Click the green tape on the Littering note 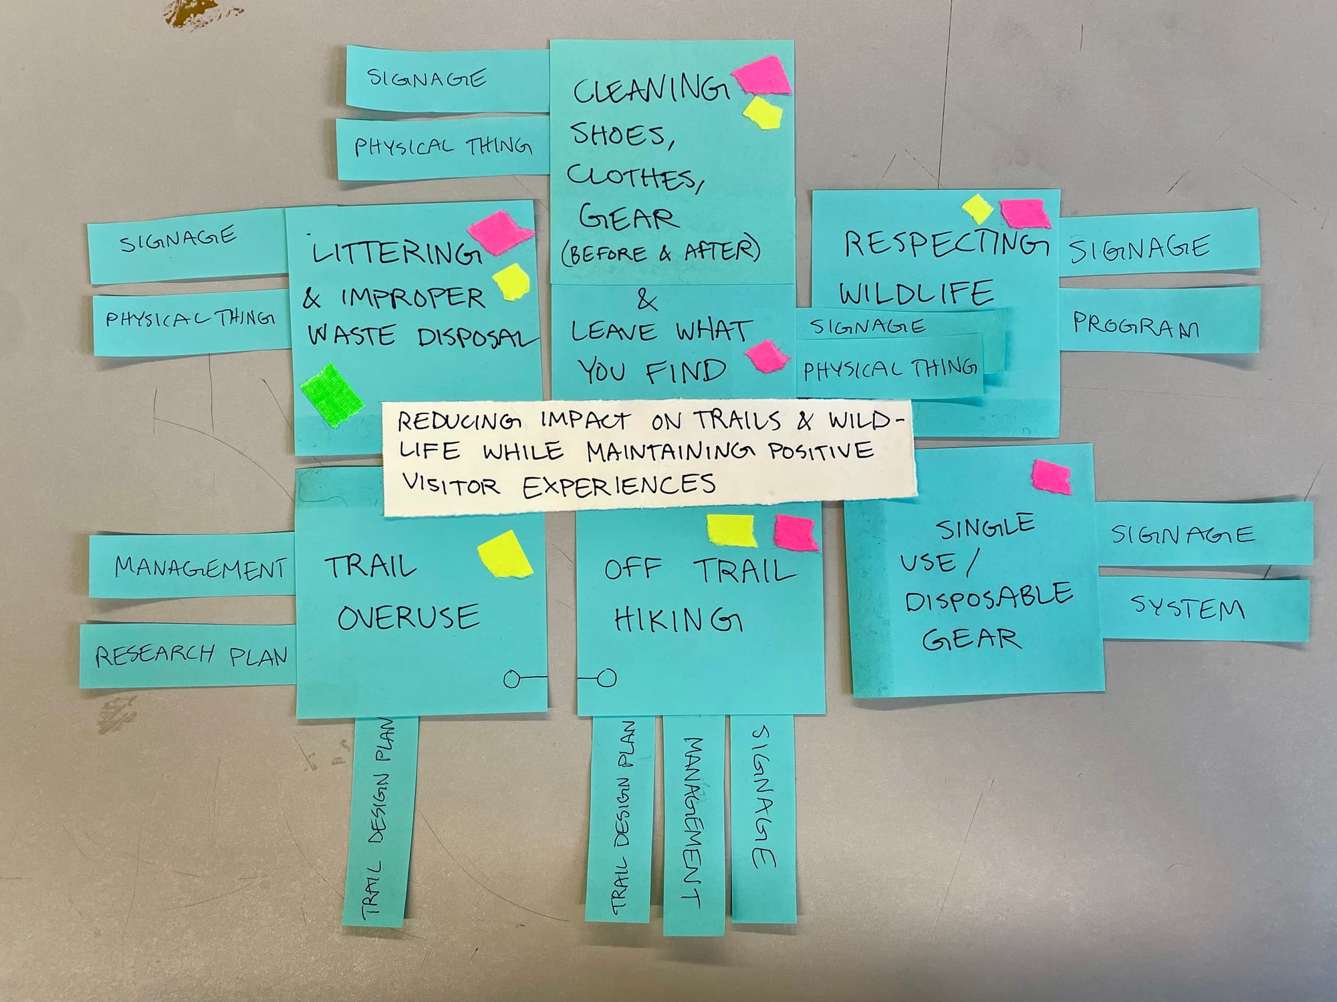[x=332, y=395]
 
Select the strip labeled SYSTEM [x=1187, y=609]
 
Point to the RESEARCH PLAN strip [x=191, y=655]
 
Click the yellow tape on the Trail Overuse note [x=505, y=554]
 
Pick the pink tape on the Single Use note [x=1051, y=477]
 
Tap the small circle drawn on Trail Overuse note [x=511, y=680]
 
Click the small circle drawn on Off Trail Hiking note [x=606, y=679]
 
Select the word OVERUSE [x=408, y=617]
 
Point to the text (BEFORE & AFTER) [x=660, y=252]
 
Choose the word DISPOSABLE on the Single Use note [x=988, y=597]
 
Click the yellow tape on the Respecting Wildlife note [x=977, y=209]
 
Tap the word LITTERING [x=396, y=253]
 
